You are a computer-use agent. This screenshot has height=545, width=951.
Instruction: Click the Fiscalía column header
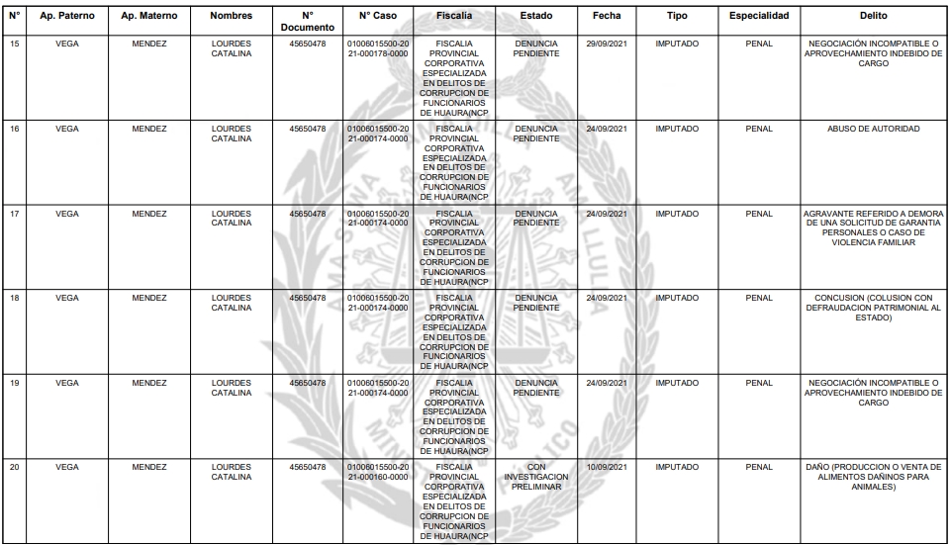click(454, 17)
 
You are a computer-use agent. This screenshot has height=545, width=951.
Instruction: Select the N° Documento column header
click(307, 22)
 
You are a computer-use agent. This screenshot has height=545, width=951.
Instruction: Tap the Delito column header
click(874, 17)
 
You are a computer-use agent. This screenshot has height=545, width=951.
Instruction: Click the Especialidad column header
click(759, 17)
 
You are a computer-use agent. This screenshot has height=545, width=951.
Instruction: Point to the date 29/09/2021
click(607, 45)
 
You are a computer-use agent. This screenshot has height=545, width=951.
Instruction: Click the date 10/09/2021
click(607, 466)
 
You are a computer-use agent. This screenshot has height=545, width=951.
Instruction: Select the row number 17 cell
click(15, 214)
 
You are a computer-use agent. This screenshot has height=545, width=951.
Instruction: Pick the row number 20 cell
click(15, 466)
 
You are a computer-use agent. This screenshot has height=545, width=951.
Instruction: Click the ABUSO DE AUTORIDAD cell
click(874, 129)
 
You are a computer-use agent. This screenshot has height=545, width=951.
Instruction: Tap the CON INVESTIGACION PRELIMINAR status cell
click(536, 476)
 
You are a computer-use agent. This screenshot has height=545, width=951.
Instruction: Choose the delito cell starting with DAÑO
click(874, 476)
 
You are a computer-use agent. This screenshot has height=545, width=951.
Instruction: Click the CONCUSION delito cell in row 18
click(874, 308)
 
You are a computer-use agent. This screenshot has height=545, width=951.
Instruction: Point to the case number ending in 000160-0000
click(378, 471)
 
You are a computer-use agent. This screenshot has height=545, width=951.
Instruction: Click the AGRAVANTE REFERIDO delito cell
click(874, 228)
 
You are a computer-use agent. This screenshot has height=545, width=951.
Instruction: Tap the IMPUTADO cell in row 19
click(678, 382)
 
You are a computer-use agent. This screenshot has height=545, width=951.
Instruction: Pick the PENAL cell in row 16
click(759, 129)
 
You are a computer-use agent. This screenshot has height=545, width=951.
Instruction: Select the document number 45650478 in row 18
click(307, 298)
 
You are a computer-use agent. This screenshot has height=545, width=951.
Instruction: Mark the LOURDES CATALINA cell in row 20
click(232, 471)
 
